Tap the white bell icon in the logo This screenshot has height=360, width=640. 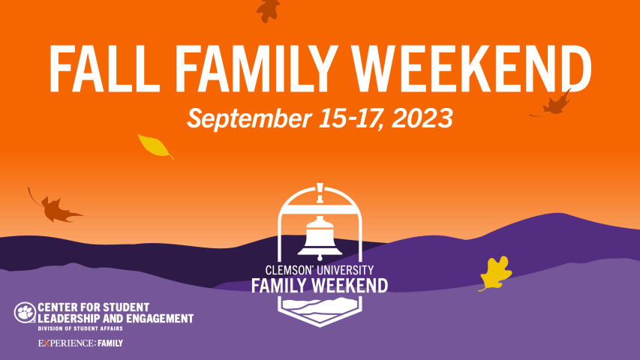pyautogui.click(x=320, y=237)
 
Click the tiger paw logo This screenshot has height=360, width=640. pyautogui.click(x=24, y=312)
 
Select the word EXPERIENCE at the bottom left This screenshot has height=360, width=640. pyautogui.click(x=64, y=343)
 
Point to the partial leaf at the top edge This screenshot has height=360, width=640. pyautogui.click(x=268, y=9)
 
